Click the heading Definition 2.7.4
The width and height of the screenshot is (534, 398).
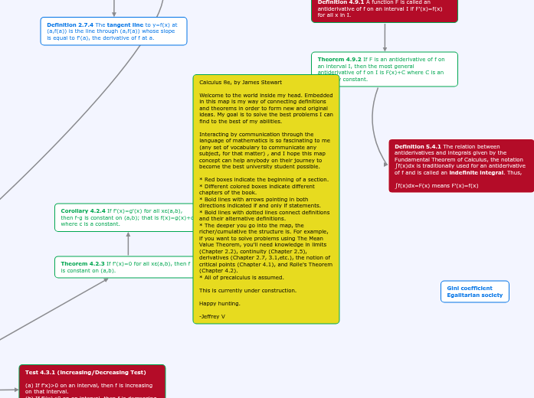tap(70, 24)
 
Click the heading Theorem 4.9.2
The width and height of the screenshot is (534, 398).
tap(339, 59)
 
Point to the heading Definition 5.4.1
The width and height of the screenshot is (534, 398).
tap(418, 146)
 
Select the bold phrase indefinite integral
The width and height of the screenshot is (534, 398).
tap(469, 172)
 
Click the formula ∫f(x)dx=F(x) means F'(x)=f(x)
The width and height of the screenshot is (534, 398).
tap(436, 185)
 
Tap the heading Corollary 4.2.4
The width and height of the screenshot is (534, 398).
tap(83, 210)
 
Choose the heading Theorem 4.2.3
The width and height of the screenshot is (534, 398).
tap(83, 263)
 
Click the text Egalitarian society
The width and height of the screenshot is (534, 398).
tap(474, 295)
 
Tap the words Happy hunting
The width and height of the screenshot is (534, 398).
tap(219, 303)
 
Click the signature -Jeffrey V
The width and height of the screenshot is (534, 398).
tap(212, 316)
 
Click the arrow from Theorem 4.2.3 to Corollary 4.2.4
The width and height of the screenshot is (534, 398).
tap(128, 244)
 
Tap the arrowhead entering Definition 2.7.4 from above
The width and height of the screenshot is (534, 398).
tap(114, 13)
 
